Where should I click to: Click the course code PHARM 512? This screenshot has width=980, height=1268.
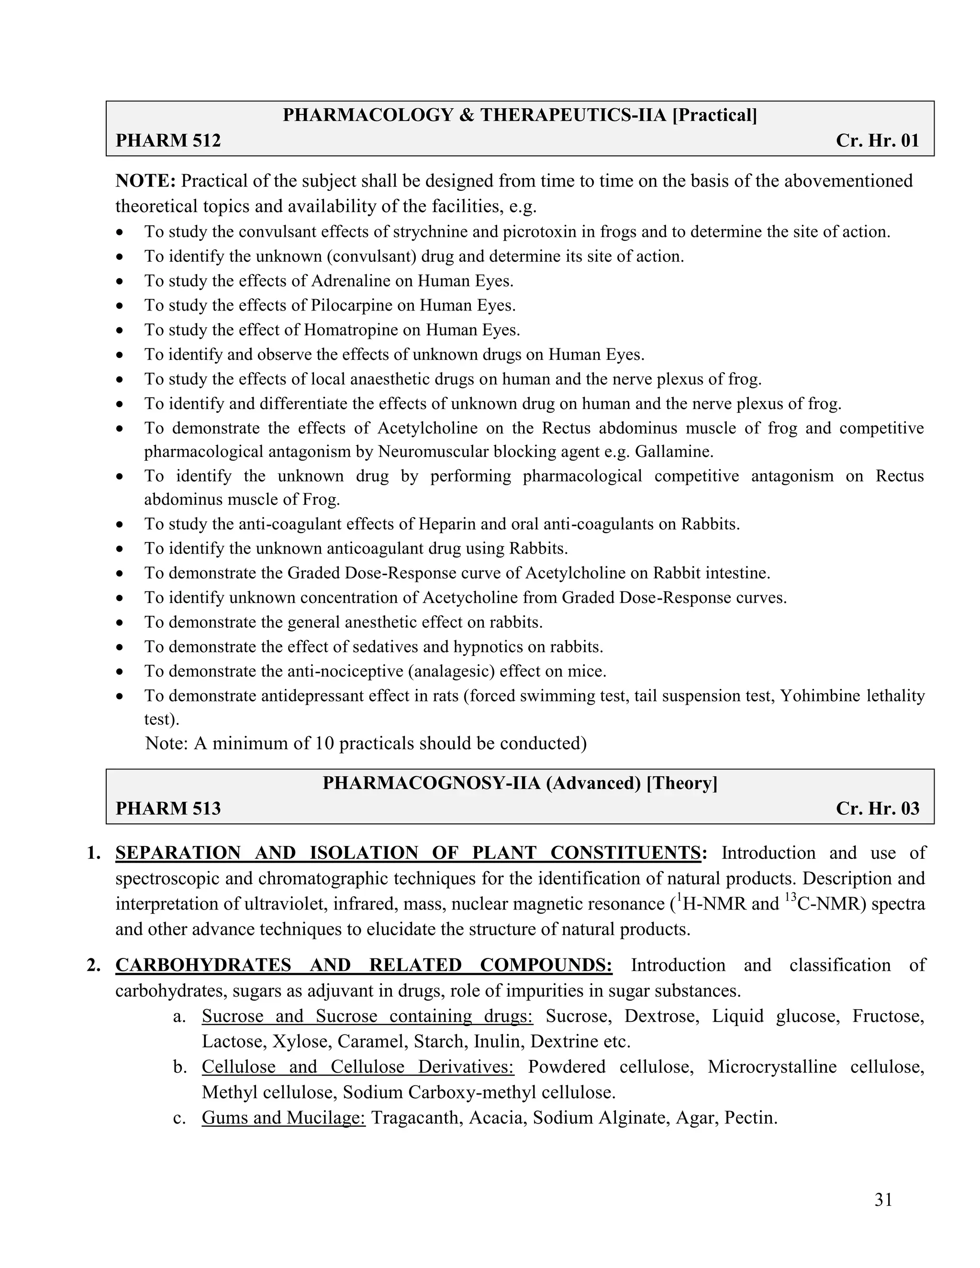tap(168, 141)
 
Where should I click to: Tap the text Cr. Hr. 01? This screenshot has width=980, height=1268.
tap(877, 141)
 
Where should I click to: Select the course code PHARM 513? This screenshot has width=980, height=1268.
tap(168, 809)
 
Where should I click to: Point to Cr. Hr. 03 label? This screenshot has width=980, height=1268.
tap(877, 809)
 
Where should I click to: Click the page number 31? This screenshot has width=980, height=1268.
tap(883, 1200)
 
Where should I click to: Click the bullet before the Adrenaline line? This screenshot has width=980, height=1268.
tap(120, 281)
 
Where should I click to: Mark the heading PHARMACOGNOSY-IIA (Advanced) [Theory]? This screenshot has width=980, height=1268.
tap(520, 783)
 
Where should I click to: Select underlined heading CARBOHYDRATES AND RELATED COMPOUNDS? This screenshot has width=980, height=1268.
tap(364, 965)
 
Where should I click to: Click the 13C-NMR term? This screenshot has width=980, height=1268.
tap(823, 904)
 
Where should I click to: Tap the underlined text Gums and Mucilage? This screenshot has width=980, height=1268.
tap(283, 1118)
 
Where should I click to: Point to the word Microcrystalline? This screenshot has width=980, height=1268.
tap(771, 1067)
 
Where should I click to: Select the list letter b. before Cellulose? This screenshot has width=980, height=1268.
tap(179, 1067)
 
